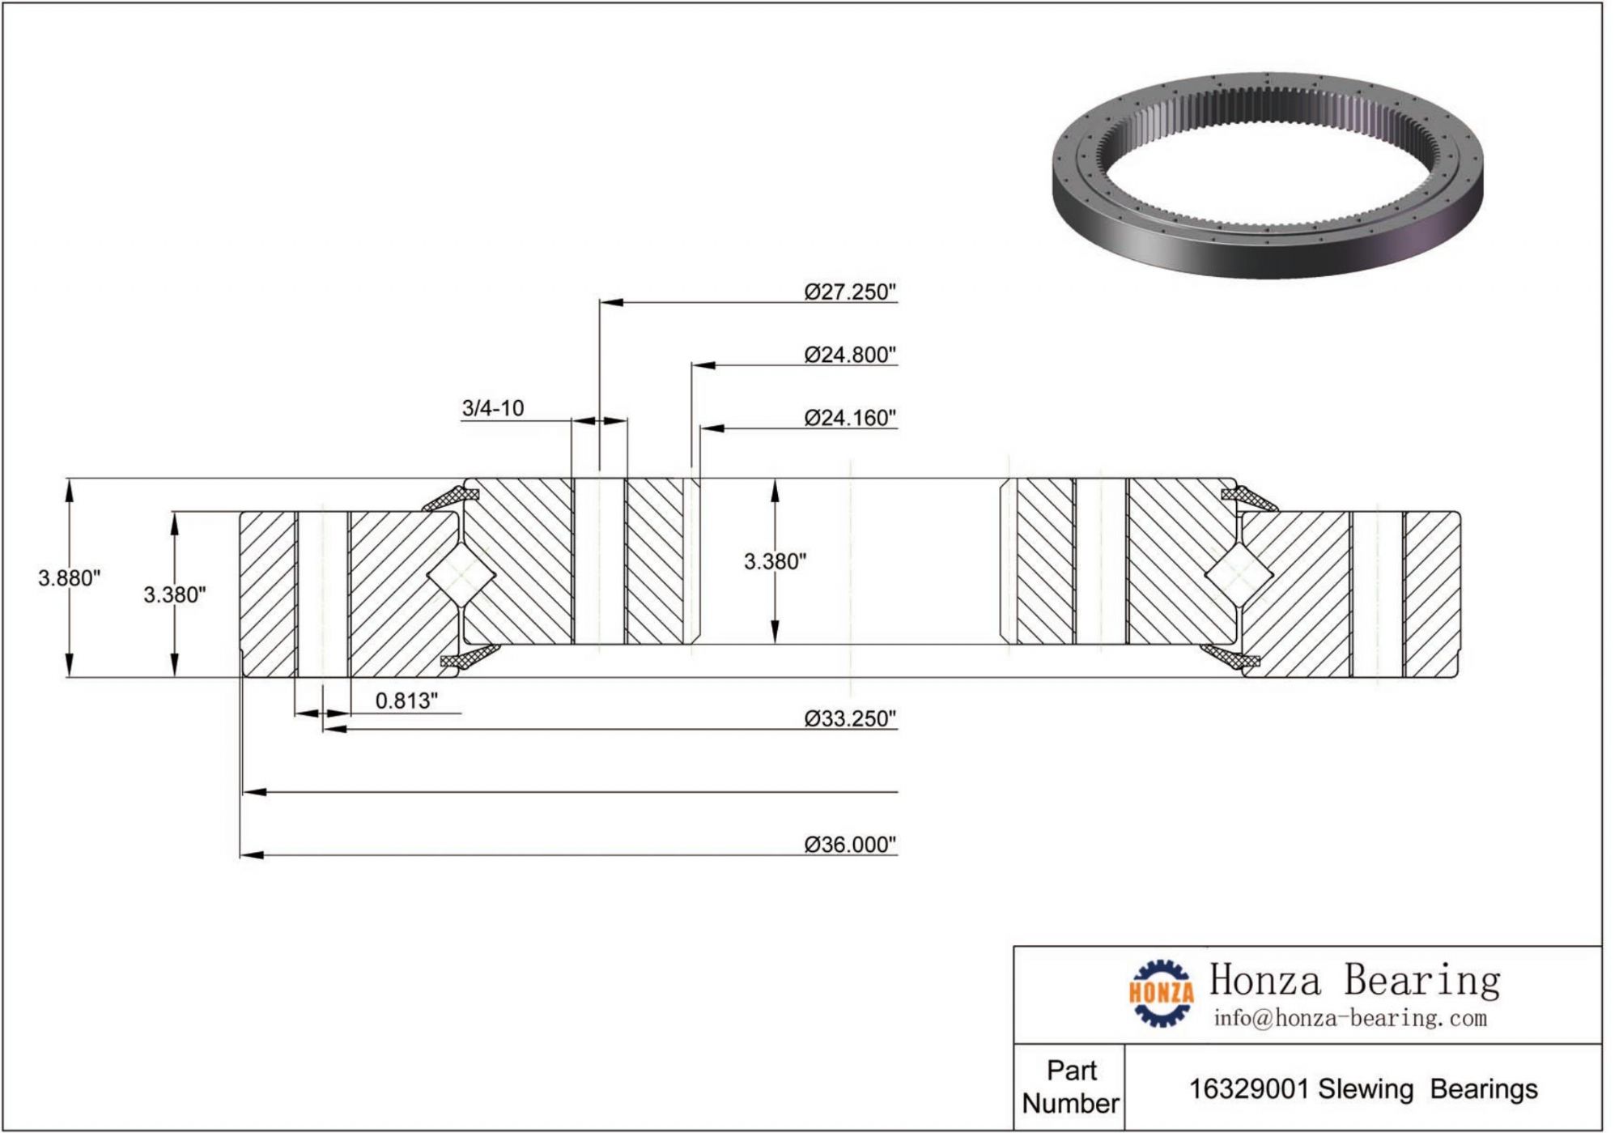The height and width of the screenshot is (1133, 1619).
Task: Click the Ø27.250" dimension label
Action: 850,292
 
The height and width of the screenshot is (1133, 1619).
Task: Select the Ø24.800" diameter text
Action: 850,356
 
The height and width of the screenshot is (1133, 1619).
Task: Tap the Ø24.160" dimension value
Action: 850,418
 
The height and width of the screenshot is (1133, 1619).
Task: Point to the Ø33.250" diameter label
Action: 850,719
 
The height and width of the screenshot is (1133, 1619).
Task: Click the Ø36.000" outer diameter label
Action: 850,845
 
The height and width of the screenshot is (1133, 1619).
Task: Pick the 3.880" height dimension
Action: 69,578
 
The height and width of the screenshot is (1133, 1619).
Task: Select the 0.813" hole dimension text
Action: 406,701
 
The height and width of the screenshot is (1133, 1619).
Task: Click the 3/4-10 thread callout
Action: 492,408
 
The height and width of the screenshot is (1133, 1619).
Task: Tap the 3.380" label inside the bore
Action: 775,561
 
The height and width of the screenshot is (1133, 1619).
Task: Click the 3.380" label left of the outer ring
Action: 175,595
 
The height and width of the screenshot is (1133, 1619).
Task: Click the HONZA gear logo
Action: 1162,993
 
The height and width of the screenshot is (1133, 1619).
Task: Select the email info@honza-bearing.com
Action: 1349,1018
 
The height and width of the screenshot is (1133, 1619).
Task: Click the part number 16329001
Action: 1248,1090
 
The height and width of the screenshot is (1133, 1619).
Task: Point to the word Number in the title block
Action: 1070,1104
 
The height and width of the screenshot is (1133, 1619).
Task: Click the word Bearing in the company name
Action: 1421,981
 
